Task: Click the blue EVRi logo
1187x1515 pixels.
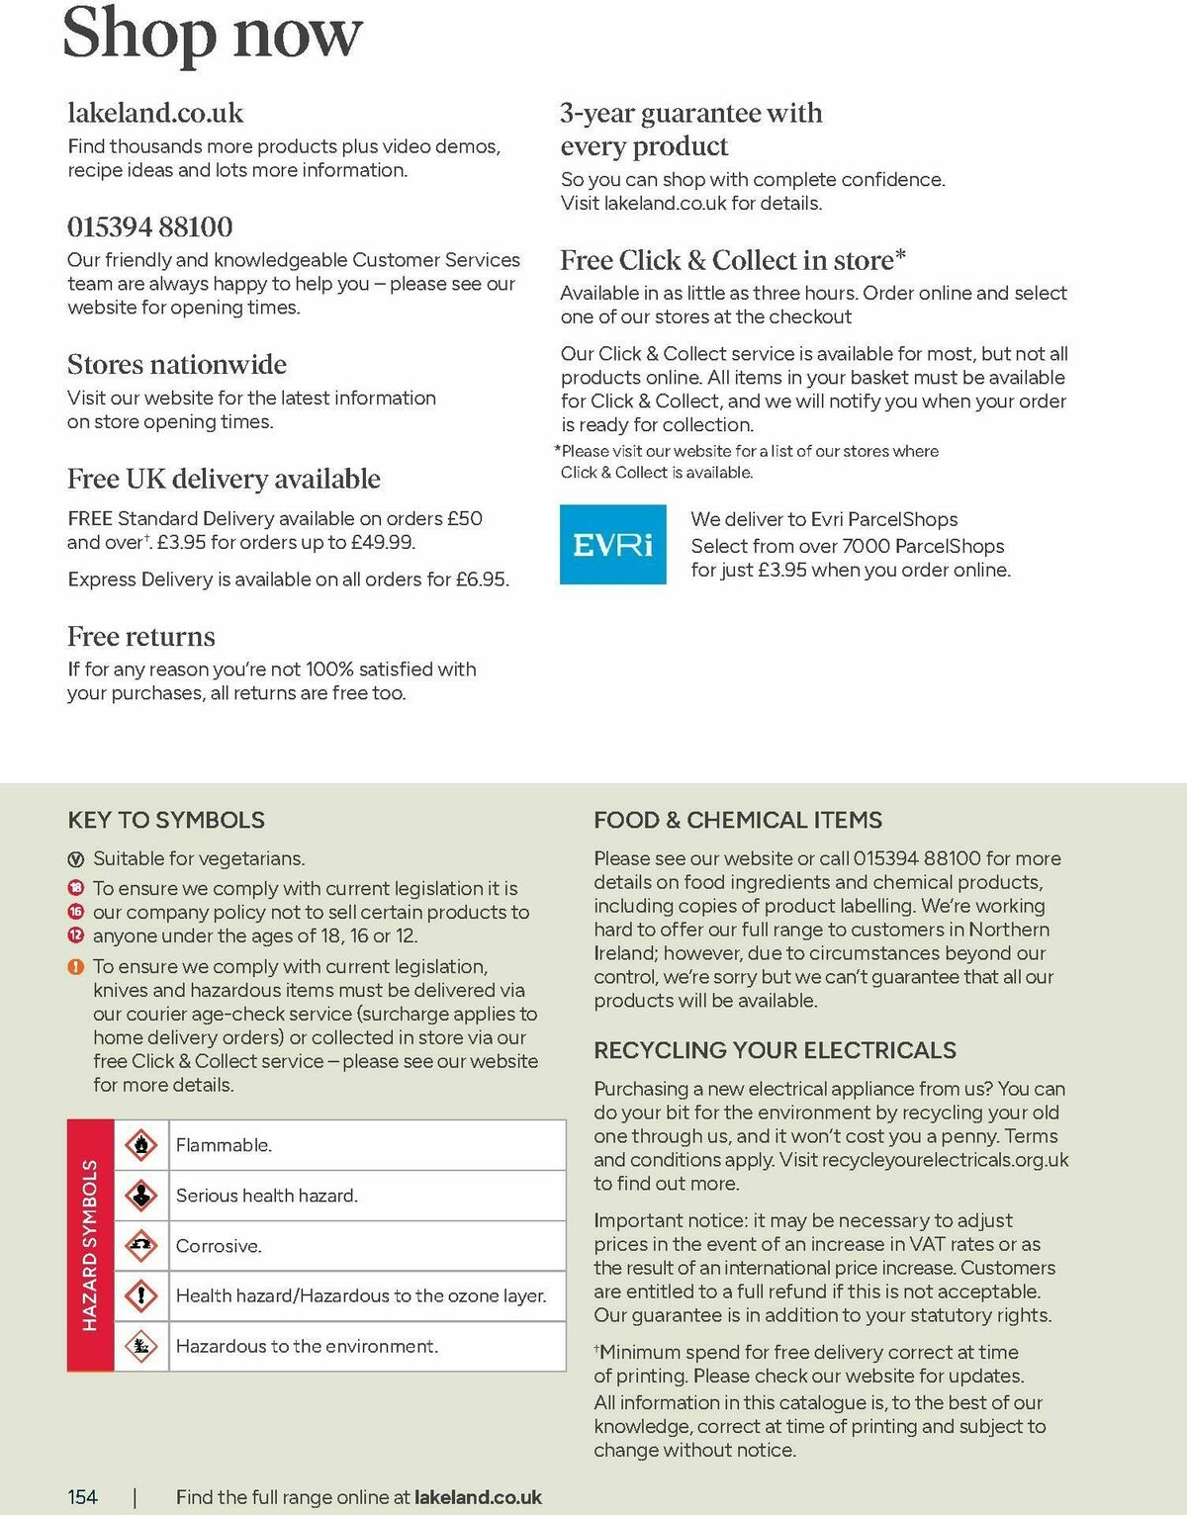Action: (612, 545)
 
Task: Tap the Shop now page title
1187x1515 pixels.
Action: (212, 34)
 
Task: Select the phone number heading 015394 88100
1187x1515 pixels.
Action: (150, 226)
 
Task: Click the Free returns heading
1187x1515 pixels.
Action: (141, 636)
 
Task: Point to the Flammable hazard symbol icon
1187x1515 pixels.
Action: (142, 1145)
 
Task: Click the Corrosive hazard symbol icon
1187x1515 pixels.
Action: (142, 1246)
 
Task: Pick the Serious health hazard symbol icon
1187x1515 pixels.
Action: (142, 1196)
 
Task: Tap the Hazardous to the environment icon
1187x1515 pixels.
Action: (142, 1346)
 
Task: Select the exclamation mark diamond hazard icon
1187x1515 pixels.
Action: (142, 1295)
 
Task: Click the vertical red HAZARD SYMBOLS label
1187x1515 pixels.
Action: (90, 1245)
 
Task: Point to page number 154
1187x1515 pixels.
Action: (83, 1497)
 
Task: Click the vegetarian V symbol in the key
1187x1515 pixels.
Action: (76, 859)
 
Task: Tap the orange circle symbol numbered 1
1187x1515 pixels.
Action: (76, 967)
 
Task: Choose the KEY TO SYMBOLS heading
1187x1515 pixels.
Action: (166, 820)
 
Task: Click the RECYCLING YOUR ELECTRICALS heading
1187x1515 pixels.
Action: (775, 1050)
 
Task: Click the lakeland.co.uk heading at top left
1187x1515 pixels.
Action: (155, 113)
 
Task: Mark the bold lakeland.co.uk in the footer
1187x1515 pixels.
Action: (478, 1497)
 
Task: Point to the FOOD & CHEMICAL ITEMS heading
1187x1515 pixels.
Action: (738, 820)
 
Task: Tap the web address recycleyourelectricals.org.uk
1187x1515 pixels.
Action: (945, 1160)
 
